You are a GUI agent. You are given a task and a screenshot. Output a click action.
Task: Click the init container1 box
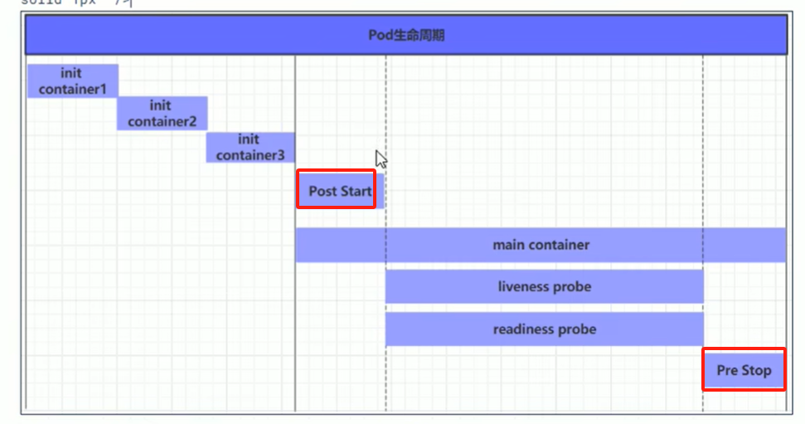click(72, 80)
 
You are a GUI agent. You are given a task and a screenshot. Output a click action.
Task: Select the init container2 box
click(162, 114)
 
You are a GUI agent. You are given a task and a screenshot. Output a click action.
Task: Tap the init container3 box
click(250, 147)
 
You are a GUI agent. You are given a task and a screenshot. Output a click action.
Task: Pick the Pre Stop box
click(744, 370)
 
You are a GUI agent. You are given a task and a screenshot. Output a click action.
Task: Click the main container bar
click(541, 245)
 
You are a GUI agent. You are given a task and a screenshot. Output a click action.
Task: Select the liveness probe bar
click(544, 287)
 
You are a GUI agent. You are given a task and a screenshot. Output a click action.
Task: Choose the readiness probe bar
click(544, 329)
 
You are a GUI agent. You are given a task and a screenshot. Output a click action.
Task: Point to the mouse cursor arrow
click(381, 158)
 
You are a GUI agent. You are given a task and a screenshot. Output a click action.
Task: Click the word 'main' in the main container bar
click(508, 245)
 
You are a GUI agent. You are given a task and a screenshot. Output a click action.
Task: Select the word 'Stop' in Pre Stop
click(755, 370)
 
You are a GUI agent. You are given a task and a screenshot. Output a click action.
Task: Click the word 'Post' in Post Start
click(322, 191)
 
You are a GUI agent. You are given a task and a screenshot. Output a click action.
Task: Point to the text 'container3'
click(250, 155)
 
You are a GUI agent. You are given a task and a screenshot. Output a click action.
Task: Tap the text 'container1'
click(72, 89)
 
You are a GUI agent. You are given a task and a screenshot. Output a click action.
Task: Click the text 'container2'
click(162, 122)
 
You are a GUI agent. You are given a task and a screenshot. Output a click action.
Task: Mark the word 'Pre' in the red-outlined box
click(727, 370)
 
